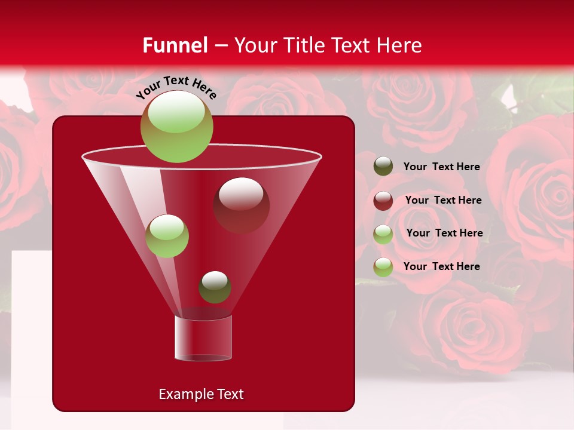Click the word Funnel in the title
point(175,45)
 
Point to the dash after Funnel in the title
point(220,45)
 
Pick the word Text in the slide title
point(350,45)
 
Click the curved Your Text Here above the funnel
point(176,87)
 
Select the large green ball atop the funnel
point(176,127)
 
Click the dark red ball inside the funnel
point(241,205)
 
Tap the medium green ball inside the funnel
point(167,236)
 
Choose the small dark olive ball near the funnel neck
point(215,287)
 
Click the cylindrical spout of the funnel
point(203,338)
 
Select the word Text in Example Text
point(230,394)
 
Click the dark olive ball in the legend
point(383,167)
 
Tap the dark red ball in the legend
point(383,201)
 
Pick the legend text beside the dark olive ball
point(441,167)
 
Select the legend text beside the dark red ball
point(443,200)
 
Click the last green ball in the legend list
point(383,267)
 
